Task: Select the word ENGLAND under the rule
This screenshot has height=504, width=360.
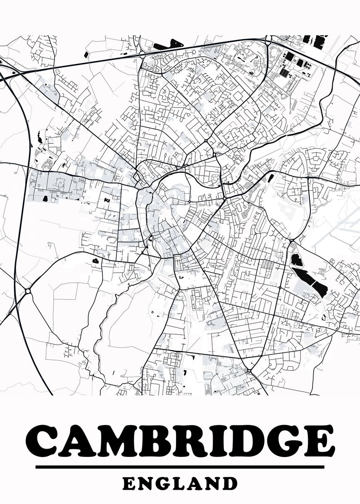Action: point(180,483)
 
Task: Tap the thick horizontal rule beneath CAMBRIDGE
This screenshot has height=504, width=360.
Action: point(180,467)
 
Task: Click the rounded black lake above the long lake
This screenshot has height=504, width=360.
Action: point(297,260)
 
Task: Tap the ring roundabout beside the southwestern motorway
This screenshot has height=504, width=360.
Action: point(28,291)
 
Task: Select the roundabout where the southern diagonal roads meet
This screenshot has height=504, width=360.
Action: point(249,371)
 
